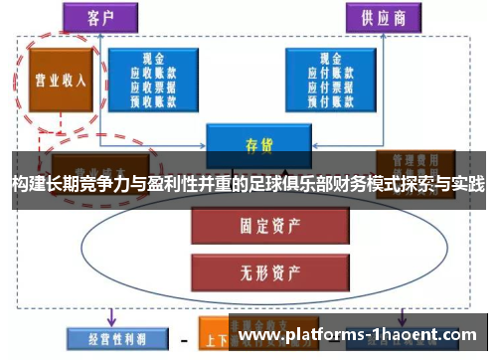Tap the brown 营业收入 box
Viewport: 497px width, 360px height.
[x=61, y=81]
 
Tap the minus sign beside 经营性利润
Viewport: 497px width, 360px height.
[x=183, y=339]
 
